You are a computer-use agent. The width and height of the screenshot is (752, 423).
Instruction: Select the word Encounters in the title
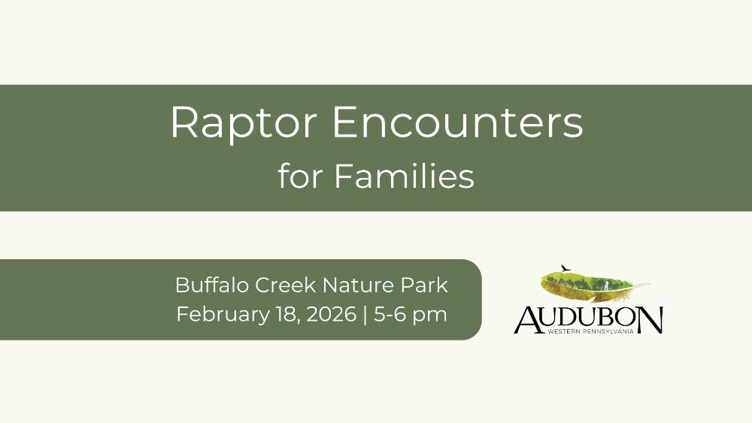[457, 122]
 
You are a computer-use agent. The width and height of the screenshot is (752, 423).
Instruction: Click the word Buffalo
[212, 285]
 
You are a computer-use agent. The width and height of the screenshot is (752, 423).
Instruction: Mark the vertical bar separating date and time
[365, 315]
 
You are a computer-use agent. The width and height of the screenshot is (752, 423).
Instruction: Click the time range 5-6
[390, 314]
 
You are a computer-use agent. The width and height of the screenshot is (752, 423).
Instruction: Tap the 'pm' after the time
[431, 316]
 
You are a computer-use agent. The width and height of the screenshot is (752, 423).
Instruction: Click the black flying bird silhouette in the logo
[566, 267]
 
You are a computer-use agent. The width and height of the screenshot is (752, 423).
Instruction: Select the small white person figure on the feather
[606, 286]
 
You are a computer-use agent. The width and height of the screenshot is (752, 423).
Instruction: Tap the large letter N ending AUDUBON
[648, 319]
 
